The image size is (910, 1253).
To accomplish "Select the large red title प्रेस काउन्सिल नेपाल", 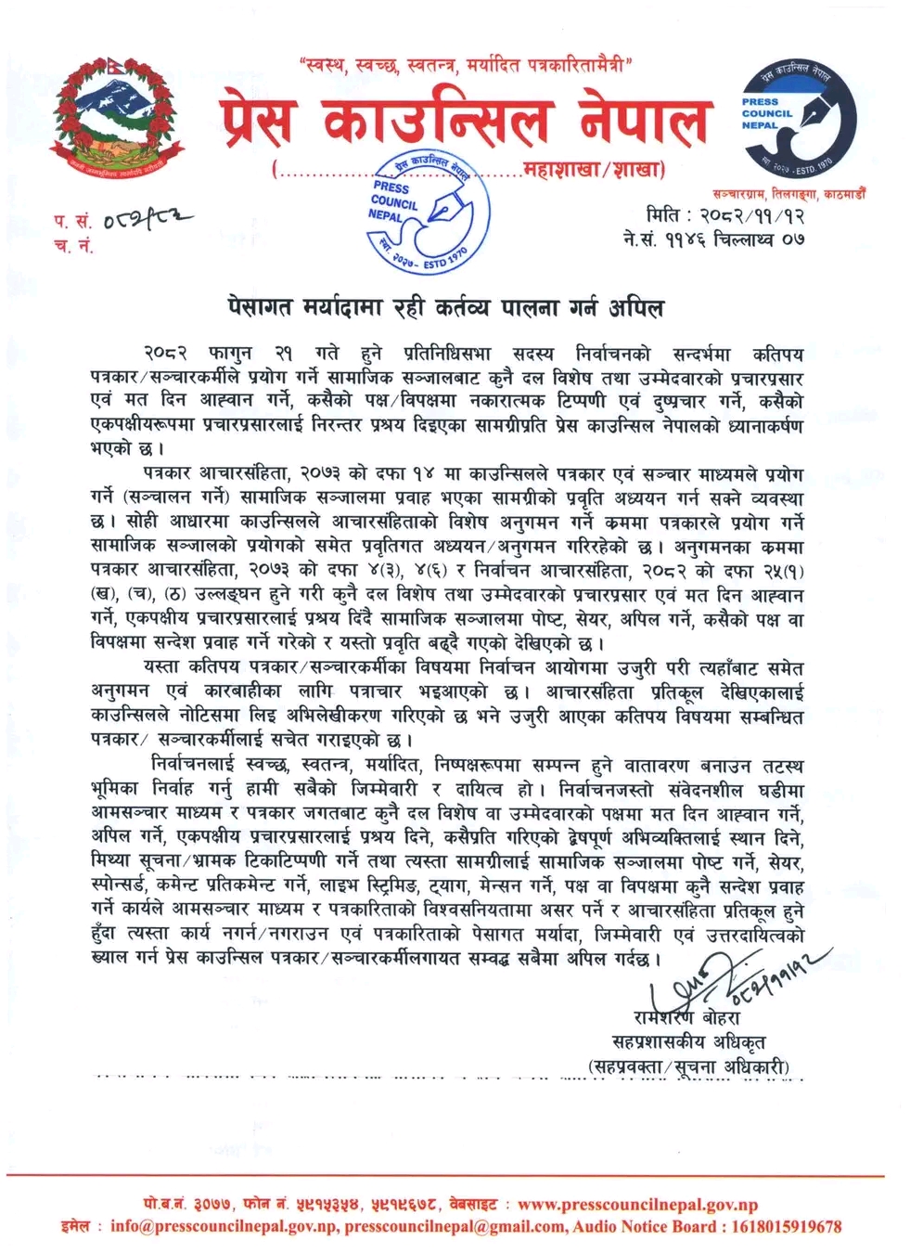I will click(x=466, y=121).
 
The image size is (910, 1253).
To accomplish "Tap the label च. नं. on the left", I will click(x=74, y=245).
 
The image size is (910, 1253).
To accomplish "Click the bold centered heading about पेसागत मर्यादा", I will click(x=447, y=305).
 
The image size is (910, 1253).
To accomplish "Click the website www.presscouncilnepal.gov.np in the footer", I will click(x=637, y=1205).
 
